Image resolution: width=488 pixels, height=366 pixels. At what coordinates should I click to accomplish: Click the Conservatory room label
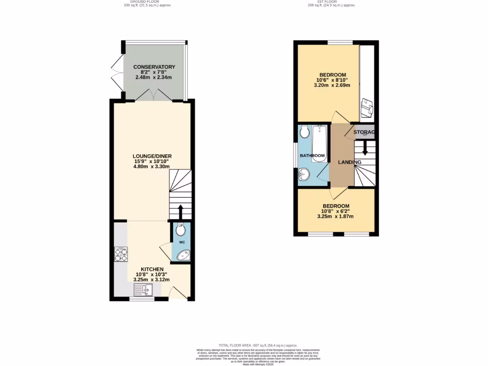pos(154,67)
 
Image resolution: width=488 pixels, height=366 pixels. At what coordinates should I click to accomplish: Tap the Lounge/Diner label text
pos(152,156)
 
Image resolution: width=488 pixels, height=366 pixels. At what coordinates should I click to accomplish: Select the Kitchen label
pos(152,269)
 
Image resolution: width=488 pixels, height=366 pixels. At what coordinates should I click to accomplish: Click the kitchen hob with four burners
pos(121,255)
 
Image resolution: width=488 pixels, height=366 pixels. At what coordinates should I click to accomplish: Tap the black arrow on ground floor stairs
pos(181,210)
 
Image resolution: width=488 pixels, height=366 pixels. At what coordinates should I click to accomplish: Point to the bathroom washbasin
pos(304,176)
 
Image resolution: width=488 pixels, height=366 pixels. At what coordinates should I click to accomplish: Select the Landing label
pos(349,163)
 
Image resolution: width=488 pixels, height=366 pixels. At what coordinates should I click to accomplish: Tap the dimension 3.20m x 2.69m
pos(332,86)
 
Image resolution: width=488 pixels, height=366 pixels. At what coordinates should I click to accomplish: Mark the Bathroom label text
pos(312,156)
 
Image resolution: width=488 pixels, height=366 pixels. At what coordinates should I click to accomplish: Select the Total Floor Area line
pos(258,345)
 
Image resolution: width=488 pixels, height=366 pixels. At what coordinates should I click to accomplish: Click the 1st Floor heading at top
pos(332,2)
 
